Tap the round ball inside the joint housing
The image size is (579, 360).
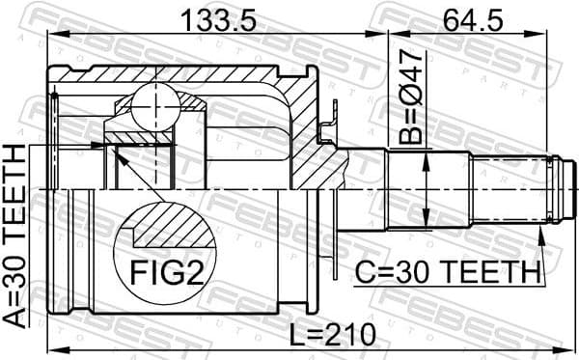pyautogui.click(x=153, y=99)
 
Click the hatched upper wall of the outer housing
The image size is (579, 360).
pyautogui.click(x=183, y=75)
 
